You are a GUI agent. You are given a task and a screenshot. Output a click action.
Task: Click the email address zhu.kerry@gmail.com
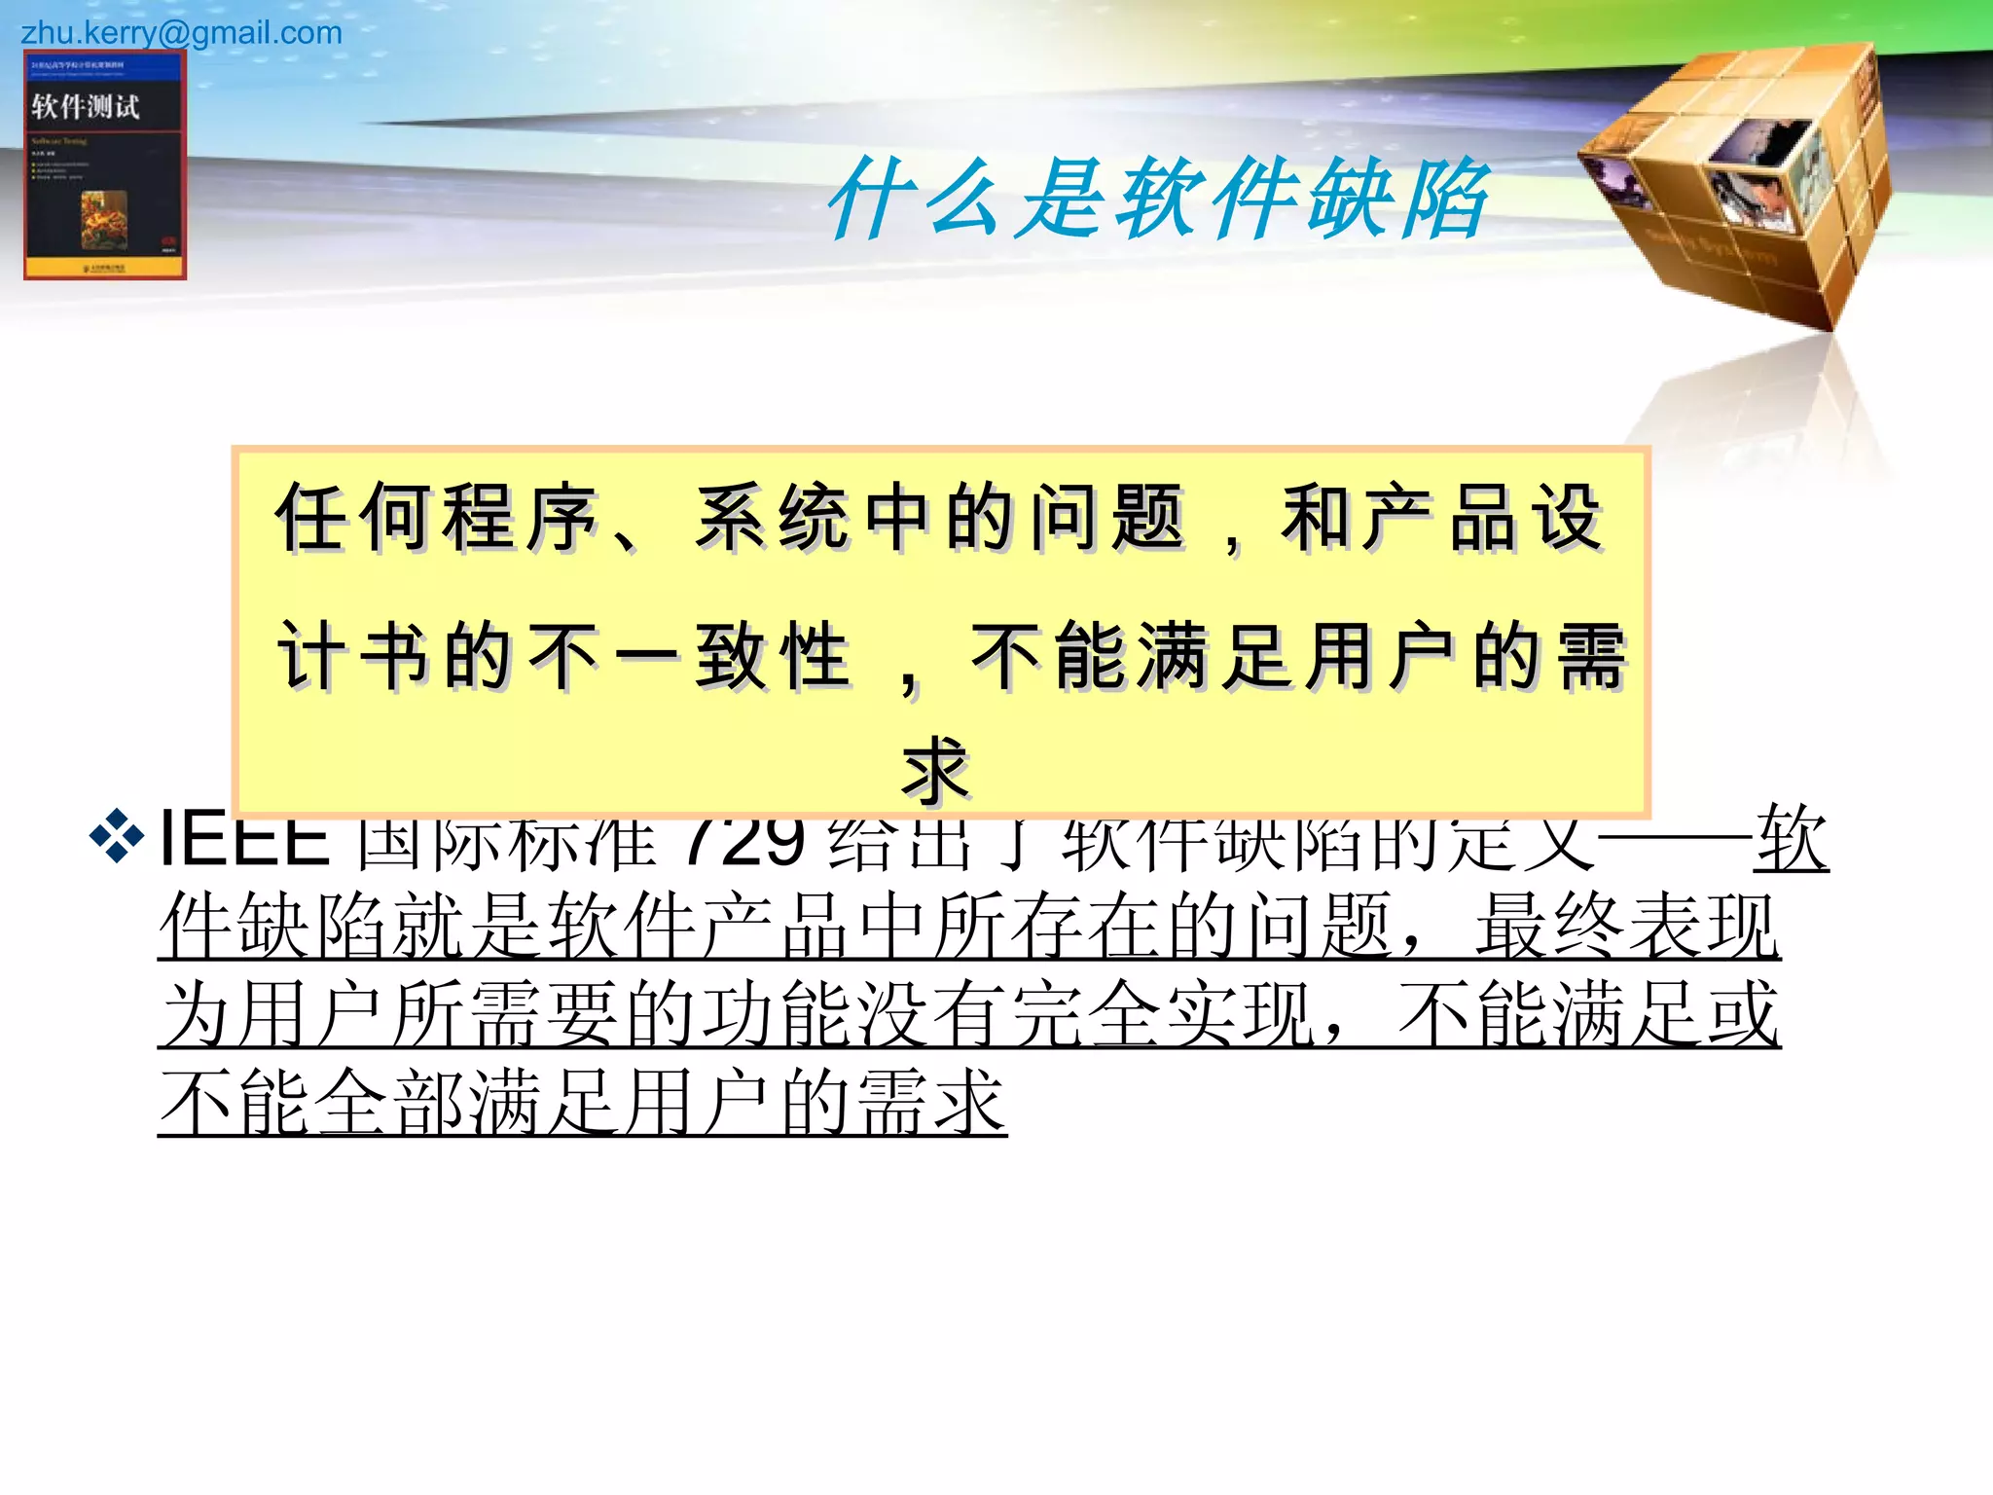[181, 33]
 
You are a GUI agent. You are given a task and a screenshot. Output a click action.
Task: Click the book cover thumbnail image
[105, 165]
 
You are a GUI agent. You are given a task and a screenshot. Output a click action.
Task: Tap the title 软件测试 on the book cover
[86, 106]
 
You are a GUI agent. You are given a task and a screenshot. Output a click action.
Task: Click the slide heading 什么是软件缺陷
[1158, 199]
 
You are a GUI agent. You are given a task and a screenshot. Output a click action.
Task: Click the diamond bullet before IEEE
[116, 836]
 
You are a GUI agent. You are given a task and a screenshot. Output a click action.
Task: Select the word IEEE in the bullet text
[244, 839]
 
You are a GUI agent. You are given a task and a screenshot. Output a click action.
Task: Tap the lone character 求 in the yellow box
[936, 769]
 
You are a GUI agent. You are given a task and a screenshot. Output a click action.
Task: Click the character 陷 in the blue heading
[1444, 199]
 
